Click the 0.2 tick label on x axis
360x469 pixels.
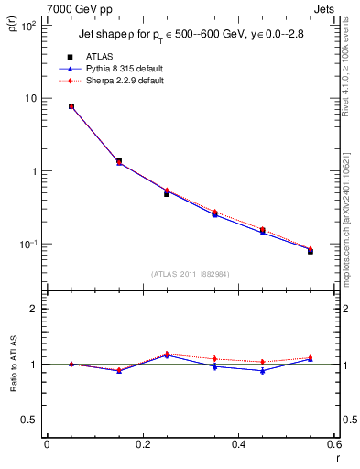[142, 445]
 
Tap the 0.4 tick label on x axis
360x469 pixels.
[238, 445]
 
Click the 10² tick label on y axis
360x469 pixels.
[27, 27]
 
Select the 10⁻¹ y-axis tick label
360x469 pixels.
[27, 245]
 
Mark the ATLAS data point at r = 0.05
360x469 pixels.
[71, 106]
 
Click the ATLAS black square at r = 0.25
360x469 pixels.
[167, 193]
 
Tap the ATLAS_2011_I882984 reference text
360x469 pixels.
[191, 273]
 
